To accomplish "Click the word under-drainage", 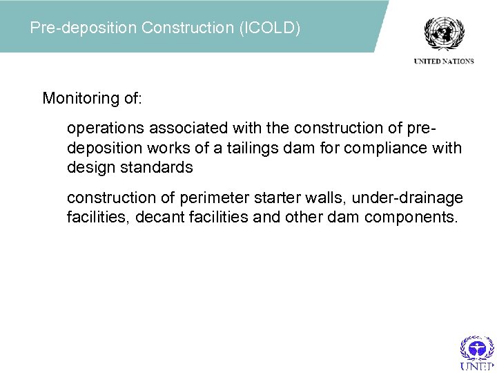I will pyautogui.click(x=408, y=199).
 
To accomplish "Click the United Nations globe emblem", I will pyautogui.click(x=444, y=32).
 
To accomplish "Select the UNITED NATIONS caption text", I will pyautogui.click(x=444, y=61).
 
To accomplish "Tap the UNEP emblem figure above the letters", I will pyautogui.click(x=477, y=347).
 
